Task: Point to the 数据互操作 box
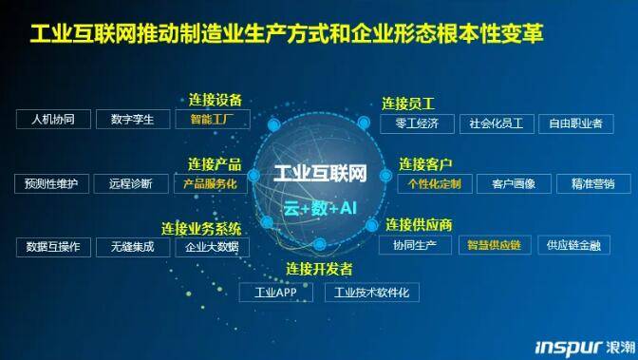tap(53, 247)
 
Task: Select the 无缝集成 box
tap(132, 247)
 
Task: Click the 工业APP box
tap(276, 293)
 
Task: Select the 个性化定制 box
tap(433, 183)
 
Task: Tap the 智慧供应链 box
tap(495, 245)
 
